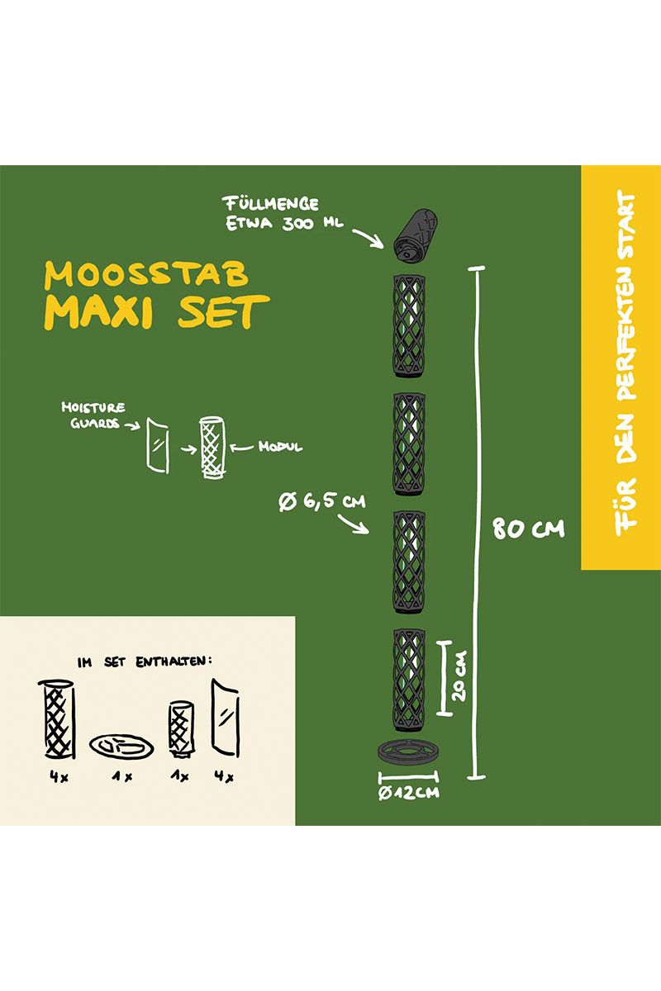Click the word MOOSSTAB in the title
pyautogui.click(x=146, y=275)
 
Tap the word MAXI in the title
pyautogui.click(x=98, y=312)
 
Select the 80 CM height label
pyautogui.click(x=529, y=529)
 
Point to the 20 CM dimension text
pyautogui.click(x=459, y=676)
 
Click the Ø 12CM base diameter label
pyautogui.click(x=409, y=791)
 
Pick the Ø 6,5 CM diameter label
pyautogui.click(x=322, y=502)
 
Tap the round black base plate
pyautogui.click(x=408, y=752)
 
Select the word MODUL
pyautogui.click(x=280, y=447)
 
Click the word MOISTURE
pyautogui.click(x=93, y=407)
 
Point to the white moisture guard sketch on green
pyautogui.click(x=158, y=444)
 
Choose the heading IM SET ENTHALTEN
pyautogui.click(x=145, y=661)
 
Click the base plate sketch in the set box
pyautogui.click(x=121, y=747)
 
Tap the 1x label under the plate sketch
pyautogui.click(x=122, y=776)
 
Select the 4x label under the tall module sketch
pyautogui.click(x=59, y=776)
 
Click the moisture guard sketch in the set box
pyautogui.click(x=226, y=718)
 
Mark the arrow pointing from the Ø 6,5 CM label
pyautogui.click(x=353, y=524)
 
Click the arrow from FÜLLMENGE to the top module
pyautogui.click(x=369, y=239)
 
